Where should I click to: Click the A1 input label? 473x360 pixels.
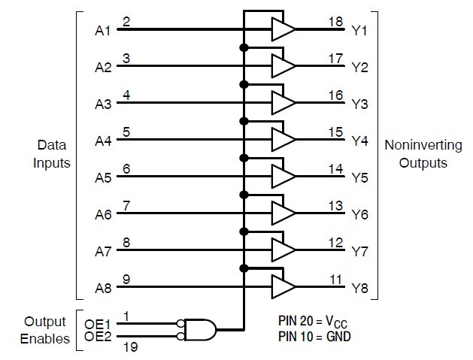point(103,32)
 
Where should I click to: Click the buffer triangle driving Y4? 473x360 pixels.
point(283,139)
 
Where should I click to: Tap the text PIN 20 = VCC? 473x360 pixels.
point(315,322)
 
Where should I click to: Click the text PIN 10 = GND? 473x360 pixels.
point(314,336)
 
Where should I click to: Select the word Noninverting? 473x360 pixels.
point(416,143)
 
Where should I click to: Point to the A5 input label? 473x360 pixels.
point(103,178)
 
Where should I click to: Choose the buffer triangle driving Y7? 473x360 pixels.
point(283,249)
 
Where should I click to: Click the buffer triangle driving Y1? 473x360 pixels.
point(283,29)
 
